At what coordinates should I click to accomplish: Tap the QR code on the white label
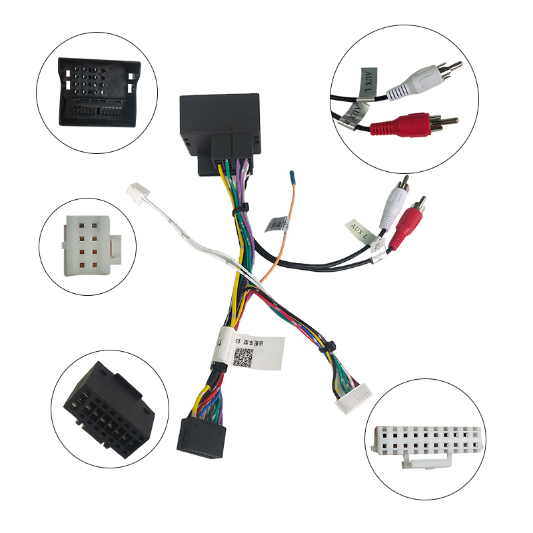click(245, 354)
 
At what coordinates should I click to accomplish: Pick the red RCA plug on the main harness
click(410, 223)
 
